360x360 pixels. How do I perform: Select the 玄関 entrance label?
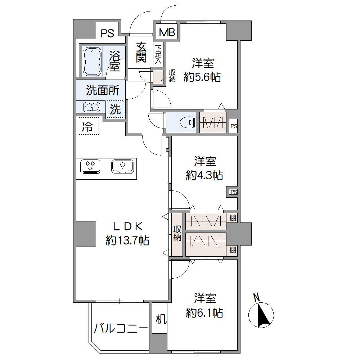pyautogui.click(x=141, y=52)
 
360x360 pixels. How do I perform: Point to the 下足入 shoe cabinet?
pyautogui.click(x=158, y=55)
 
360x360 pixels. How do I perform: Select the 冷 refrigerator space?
pyautogui.click(x=88, y=126)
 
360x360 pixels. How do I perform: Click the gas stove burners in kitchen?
pyautogui.click(x=90, y=167)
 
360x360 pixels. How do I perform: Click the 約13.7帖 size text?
pyautogui.click(x=127, y=240)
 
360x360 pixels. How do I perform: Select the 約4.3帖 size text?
pyautogui.click(x=204, y=175)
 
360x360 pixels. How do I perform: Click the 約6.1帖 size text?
pyautogui.click(x=204, y=313)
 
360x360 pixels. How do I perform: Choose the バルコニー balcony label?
pyautogui.click(x=121, y=328)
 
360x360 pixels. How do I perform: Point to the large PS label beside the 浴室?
pyautogui.click(x=107, y=33)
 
